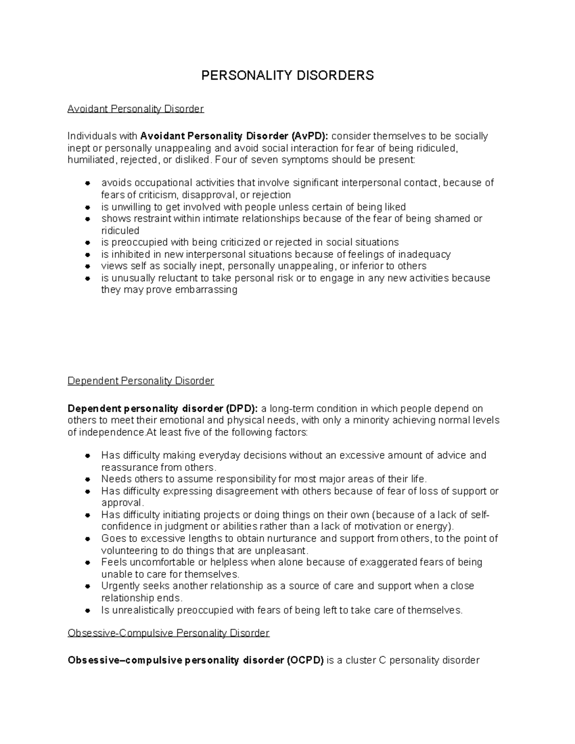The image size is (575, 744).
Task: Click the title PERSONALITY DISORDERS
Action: (287, 75)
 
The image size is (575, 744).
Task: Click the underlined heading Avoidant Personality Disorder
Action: (136, 109)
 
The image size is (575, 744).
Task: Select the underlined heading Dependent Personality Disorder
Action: (140, 381)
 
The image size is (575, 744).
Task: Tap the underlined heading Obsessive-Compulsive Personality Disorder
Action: (169, 633)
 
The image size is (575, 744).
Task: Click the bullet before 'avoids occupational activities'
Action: (87, 183)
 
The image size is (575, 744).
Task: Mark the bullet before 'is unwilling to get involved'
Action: (87, 207)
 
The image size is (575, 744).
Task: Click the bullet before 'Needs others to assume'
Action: (87, 479)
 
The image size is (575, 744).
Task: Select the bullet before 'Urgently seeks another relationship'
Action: (87, 586)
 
